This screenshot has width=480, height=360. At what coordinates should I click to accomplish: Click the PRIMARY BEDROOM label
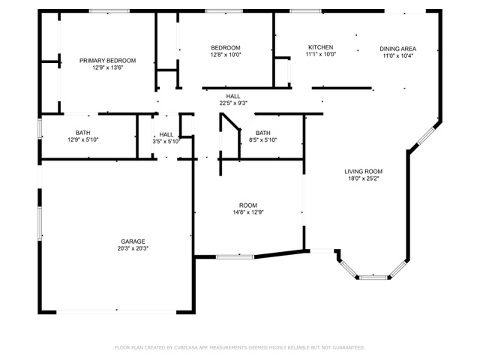(x=107, y=61)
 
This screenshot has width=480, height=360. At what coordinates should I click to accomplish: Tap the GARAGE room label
(x=133, y=241)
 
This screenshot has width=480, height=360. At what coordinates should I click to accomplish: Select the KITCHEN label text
(x=320, y=47)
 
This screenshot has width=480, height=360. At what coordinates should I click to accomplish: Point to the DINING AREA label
(x=398, y=49)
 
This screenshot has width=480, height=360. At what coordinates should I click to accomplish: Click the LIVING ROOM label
(x=363, y=172)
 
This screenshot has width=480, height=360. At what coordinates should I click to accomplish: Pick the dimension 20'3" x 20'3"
(x=133, y=248)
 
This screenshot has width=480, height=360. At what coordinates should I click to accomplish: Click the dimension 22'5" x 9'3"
(x=233, y=103)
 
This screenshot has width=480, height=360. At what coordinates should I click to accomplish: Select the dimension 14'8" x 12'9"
(x=248, y=212)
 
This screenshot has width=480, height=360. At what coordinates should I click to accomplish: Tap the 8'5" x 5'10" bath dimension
(x=263, y=140)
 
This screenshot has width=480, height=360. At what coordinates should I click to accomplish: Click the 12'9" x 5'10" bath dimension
(x=83, y=140)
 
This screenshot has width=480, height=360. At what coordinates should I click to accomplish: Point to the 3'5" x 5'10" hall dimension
(x=166, y=142)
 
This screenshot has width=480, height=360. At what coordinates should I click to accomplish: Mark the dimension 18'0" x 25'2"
(x=363, y=178)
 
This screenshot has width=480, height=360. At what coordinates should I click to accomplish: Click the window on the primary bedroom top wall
(x=109, y=11)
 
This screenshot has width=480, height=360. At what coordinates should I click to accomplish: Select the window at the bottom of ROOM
(x=235, y=256)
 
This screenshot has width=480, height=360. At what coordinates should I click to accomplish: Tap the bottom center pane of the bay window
(x=373, y=277)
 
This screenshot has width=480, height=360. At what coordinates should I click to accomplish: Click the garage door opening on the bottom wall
(x=116, y=312)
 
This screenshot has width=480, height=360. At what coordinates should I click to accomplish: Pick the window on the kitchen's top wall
(x=305, y=11)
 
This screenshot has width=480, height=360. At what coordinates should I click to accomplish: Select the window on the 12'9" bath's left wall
(x=40, y=128)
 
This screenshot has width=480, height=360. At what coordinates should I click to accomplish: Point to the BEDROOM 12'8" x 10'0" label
(x=226, y=52)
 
